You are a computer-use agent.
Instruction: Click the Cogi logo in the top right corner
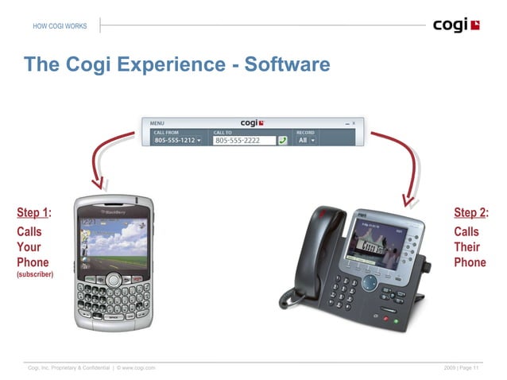coord(456,25)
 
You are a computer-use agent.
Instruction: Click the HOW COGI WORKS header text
coord(60,27)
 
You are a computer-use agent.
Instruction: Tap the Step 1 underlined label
coord(33,212)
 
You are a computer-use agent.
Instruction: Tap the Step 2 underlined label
coord(469,212)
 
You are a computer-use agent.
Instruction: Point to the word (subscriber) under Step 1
coord(35,274)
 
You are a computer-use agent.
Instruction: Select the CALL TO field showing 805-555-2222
coord(244,141)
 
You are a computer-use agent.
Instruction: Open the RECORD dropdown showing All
coord(306,140)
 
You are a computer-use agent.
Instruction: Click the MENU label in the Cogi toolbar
coord(157,124)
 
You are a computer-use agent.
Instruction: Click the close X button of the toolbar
coord(354,124)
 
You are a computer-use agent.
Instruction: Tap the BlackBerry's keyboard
coord(113,301)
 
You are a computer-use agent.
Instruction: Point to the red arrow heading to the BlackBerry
coord(103,163)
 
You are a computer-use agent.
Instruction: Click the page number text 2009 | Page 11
coord(462,366)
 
